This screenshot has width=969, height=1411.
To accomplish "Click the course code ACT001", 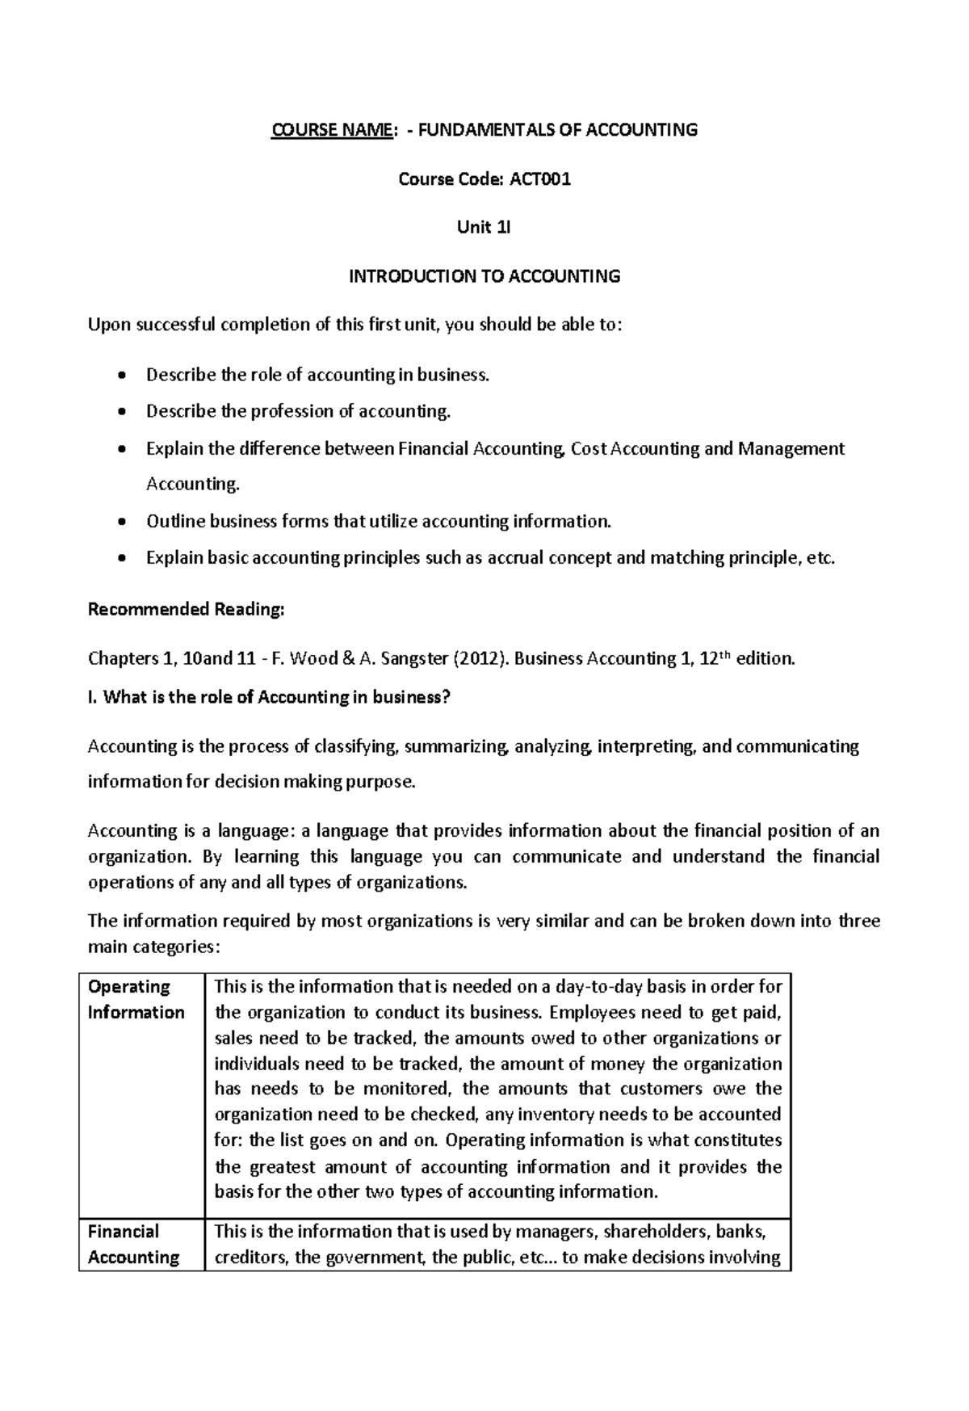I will click(x=539, y=179).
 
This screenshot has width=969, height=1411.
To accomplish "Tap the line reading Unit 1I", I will click(x=484, y=228).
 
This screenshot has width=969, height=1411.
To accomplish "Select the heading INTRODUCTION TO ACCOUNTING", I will click(x=484, y=276).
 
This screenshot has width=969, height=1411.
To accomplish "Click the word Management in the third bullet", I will click(x=791, y=448).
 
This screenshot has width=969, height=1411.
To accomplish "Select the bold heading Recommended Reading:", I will click(x=186, y=609).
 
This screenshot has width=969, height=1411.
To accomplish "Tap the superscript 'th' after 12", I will click(x=731, y=653).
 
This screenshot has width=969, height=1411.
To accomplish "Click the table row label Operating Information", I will click(x=136, y=1000).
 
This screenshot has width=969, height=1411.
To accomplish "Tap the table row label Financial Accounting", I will click(x=133, y=1245).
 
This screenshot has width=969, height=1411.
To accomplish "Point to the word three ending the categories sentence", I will click(x=858, y=922).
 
